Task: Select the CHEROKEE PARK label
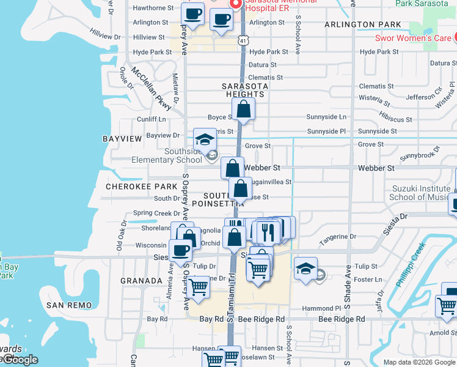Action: (132, 186)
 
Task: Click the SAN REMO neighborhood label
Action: (69, 305)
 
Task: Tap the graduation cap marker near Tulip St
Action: (305, 268)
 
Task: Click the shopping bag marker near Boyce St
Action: (243, 110)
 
